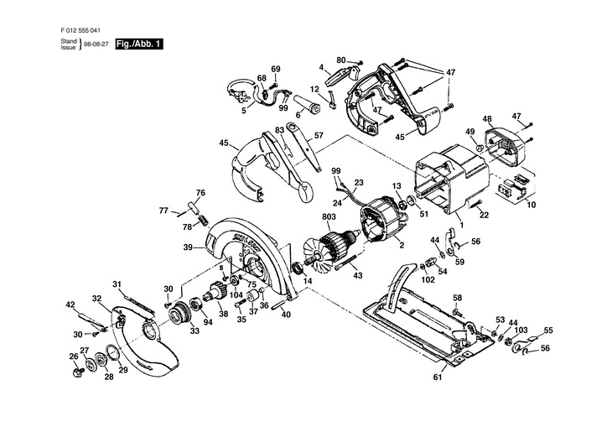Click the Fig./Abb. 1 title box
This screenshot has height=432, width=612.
(x=139, y=44)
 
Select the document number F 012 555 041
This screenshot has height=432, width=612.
(x=80, y=30)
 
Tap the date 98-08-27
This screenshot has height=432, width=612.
(x=96, y=44)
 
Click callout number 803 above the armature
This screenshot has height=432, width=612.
(x=329, y=216)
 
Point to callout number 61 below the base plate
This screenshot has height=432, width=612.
(x=438, y=377)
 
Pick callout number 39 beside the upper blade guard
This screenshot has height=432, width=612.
(x=188, y=247)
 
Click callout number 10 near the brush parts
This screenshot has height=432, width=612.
(x=532, y=205)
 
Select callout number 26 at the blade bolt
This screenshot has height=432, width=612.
(x=74, y=356)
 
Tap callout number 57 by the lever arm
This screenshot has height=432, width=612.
(x=319, y=136)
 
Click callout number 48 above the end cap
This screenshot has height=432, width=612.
(x=487, y=119)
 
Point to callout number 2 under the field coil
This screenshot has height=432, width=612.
(x=402, y=245)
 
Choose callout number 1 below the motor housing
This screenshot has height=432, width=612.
(x=462, y=225)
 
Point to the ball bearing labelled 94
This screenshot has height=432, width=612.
(x=196, y=304)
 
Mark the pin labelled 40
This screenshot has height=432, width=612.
(x=283, y=302)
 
